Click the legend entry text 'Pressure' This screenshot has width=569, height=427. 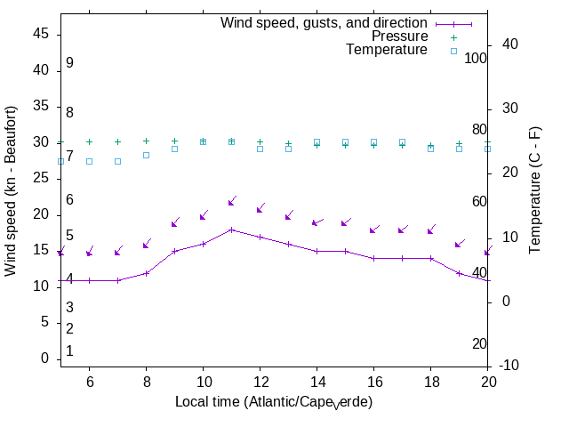click(x=400, y=36)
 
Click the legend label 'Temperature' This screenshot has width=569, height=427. click(x=387, y=50)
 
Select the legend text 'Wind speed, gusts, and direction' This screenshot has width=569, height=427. click(x=325, y=23)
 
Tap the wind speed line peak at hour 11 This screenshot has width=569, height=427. click(x=231, y=230)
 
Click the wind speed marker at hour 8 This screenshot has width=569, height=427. click(x=146, y=273)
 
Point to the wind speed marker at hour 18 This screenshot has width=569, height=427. click(x=430, y=259)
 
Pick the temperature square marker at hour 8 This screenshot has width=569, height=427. click(x=146, y=155)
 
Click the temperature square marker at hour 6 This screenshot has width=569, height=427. click(x=89, y=161)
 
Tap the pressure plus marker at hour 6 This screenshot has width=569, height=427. click(x=89, y=141)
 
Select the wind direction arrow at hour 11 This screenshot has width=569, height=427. click(x=231, y=201)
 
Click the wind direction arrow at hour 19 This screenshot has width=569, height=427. click(x=460, y=243)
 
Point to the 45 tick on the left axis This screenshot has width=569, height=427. click(x=41, y=34)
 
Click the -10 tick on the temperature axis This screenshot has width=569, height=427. click(x=510, y=366)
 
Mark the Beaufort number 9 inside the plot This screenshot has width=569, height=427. click(x=69, y=63)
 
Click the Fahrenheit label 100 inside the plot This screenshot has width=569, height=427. click(x=476, y=58)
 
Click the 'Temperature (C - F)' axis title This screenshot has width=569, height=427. click(x=536, y=188)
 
